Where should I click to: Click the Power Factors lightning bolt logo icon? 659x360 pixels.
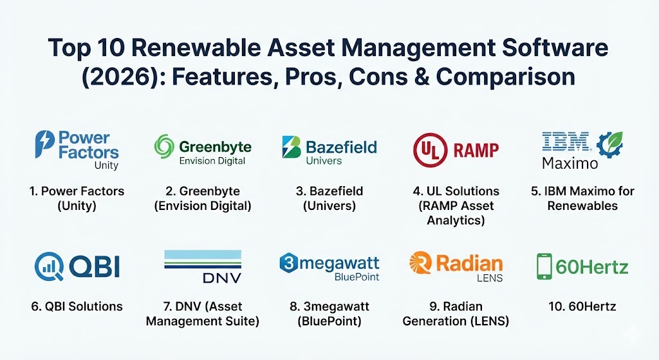click(44, 144)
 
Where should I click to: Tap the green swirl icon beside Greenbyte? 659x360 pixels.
click(164, 147)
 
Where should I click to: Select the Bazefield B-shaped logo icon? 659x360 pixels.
click(292, 147)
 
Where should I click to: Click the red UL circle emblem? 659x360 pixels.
click(430, 149)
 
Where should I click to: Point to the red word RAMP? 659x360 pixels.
click(476, 150)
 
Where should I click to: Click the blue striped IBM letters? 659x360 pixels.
click(566, 141)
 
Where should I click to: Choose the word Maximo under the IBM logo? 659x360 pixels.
click(570, 163)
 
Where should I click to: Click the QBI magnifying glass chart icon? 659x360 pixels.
click(49, 267)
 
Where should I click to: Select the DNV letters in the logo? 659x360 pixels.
click(222, 278)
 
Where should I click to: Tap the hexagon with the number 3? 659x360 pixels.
click(289, 263)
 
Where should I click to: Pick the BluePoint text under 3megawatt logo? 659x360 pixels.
click(357, 277)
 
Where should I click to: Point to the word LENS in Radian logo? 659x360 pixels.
click(490, 278)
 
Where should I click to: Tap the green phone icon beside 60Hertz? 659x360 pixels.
click(544, 266)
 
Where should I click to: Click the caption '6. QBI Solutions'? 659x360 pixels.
click(77, 306)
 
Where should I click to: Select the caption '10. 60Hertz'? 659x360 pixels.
click(582, 306)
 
